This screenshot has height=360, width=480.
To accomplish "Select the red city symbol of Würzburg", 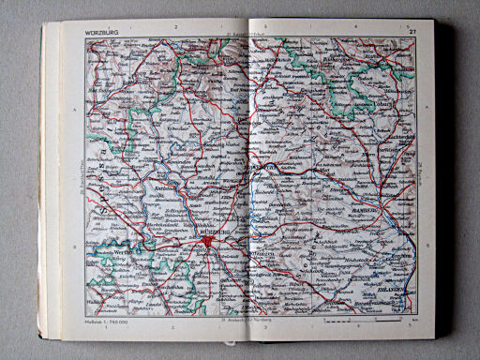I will click(x=207, y=243).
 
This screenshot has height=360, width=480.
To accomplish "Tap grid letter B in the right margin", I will click(x=420, y=247).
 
